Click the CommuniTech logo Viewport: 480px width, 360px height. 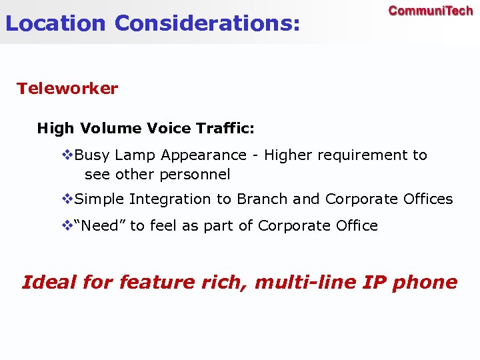point(431,11)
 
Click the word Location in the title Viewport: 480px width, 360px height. point(55,23)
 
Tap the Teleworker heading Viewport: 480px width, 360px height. point(67,89)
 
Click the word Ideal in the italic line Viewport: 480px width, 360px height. point(49,282)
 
